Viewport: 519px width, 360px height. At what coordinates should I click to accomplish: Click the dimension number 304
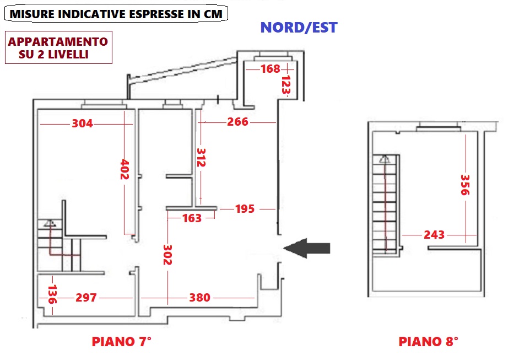pyautogui.click(x=82, y=124)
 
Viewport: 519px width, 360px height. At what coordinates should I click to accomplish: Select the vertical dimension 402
pyautogui.click(x=125, y=170)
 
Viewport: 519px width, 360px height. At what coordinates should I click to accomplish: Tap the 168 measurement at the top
pyautogui.click(x=271, y=69)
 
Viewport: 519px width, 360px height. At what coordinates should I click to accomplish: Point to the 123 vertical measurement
pyautogui.click(x=285, y=85)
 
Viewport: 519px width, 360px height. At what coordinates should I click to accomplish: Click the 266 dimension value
pyautogui.click(x=238, y=122)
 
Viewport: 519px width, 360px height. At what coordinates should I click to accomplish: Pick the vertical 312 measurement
pyautogui.click(x=201, y=158)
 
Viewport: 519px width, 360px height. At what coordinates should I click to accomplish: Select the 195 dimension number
pyautogui.click(x=245, y=209)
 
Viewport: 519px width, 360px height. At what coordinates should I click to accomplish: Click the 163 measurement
pyautogui.click(x=192, y=218)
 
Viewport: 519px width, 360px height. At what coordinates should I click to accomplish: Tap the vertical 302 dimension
pyautogui.click(x=167, y=255)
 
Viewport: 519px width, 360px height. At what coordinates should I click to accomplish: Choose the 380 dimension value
pyautogui.click(x=199, y=298)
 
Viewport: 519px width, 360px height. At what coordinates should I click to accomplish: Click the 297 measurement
pyautogui.click(x=86, y=298)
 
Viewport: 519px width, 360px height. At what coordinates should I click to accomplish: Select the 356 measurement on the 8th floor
pyautogui.click(x=466, y=185)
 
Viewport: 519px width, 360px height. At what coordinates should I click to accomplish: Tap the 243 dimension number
pyautogui.click(x=434, y=235)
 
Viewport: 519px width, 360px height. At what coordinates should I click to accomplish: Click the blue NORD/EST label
pyautogui.click(x=299, y=28)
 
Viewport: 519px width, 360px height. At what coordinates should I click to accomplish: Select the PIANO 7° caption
pyautogui.click(x=121, y=342)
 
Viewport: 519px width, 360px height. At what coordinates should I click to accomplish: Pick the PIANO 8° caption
pyautogui.click(x=428, y=342)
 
